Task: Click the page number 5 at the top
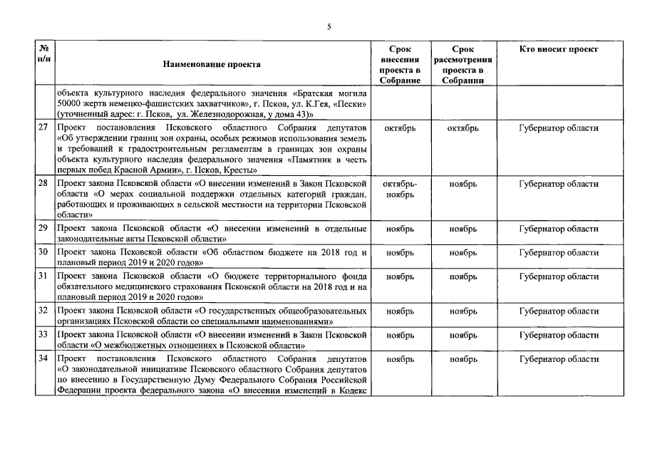[329, 26]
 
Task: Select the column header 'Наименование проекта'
[212, 64]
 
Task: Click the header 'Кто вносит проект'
[558, 49]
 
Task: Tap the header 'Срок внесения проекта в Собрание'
[400, 64]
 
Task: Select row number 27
[43, 128]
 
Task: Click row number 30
[43, 253]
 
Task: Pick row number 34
[43, 359]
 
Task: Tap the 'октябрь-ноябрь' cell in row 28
[400, 189]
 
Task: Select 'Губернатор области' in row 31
[558, 276]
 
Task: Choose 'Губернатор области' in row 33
[558, 334]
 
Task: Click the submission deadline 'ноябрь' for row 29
[400, 229]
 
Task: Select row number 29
[43, 228]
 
